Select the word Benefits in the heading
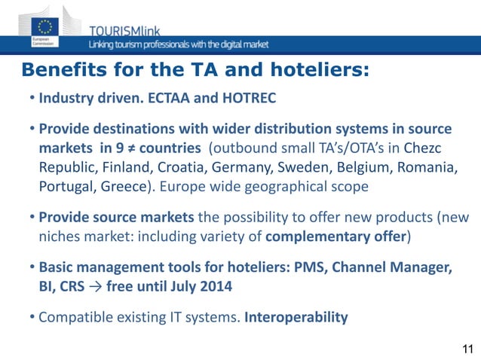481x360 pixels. click(69, 72)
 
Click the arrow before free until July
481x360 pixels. click(94, 286)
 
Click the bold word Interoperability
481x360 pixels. click(296, 317)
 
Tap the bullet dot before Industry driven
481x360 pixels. click(32, 99)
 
